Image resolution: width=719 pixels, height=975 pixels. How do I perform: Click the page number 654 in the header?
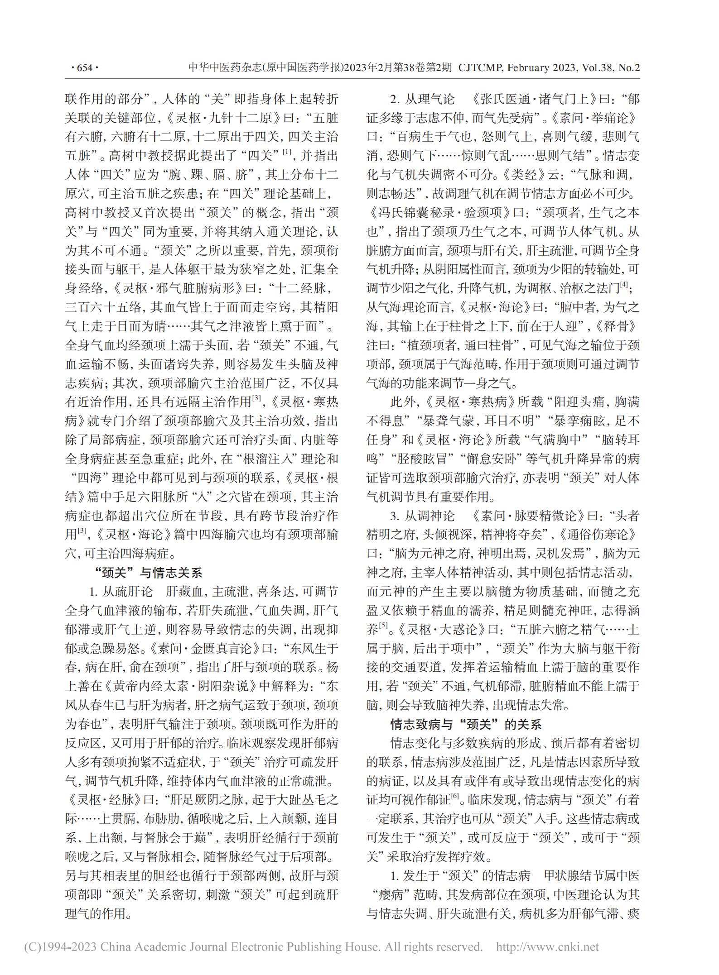pos(85,68)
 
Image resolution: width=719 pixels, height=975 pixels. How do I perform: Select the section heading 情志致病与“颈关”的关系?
pos(466,724)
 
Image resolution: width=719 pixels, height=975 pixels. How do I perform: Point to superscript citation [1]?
pos(286,153)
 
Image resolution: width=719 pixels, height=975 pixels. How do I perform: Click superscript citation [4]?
pos(624,286)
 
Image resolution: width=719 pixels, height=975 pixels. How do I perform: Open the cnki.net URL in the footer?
pos(548,946)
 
